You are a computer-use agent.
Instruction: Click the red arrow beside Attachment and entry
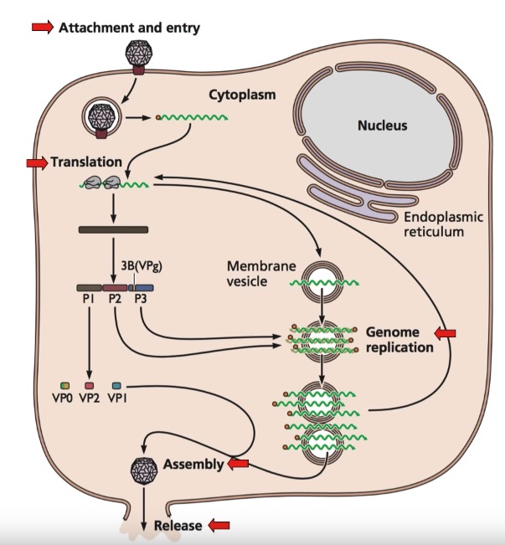[43, 28]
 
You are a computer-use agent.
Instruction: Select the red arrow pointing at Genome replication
[444, 334]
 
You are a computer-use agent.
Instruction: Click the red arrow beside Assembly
[239, 463]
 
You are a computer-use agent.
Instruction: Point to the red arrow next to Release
[219, 525]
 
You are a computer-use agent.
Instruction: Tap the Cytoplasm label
[237, 95]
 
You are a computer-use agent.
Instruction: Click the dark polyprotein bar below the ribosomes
[113, 229]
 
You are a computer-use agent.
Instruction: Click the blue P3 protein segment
[143, 287]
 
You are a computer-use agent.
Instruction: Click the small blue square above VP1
[116, 385]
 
